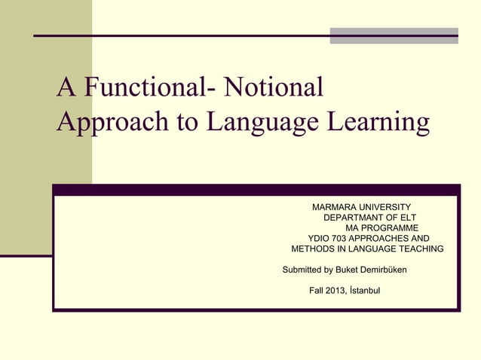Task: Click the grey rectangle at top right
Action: (x=394, y=35)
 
